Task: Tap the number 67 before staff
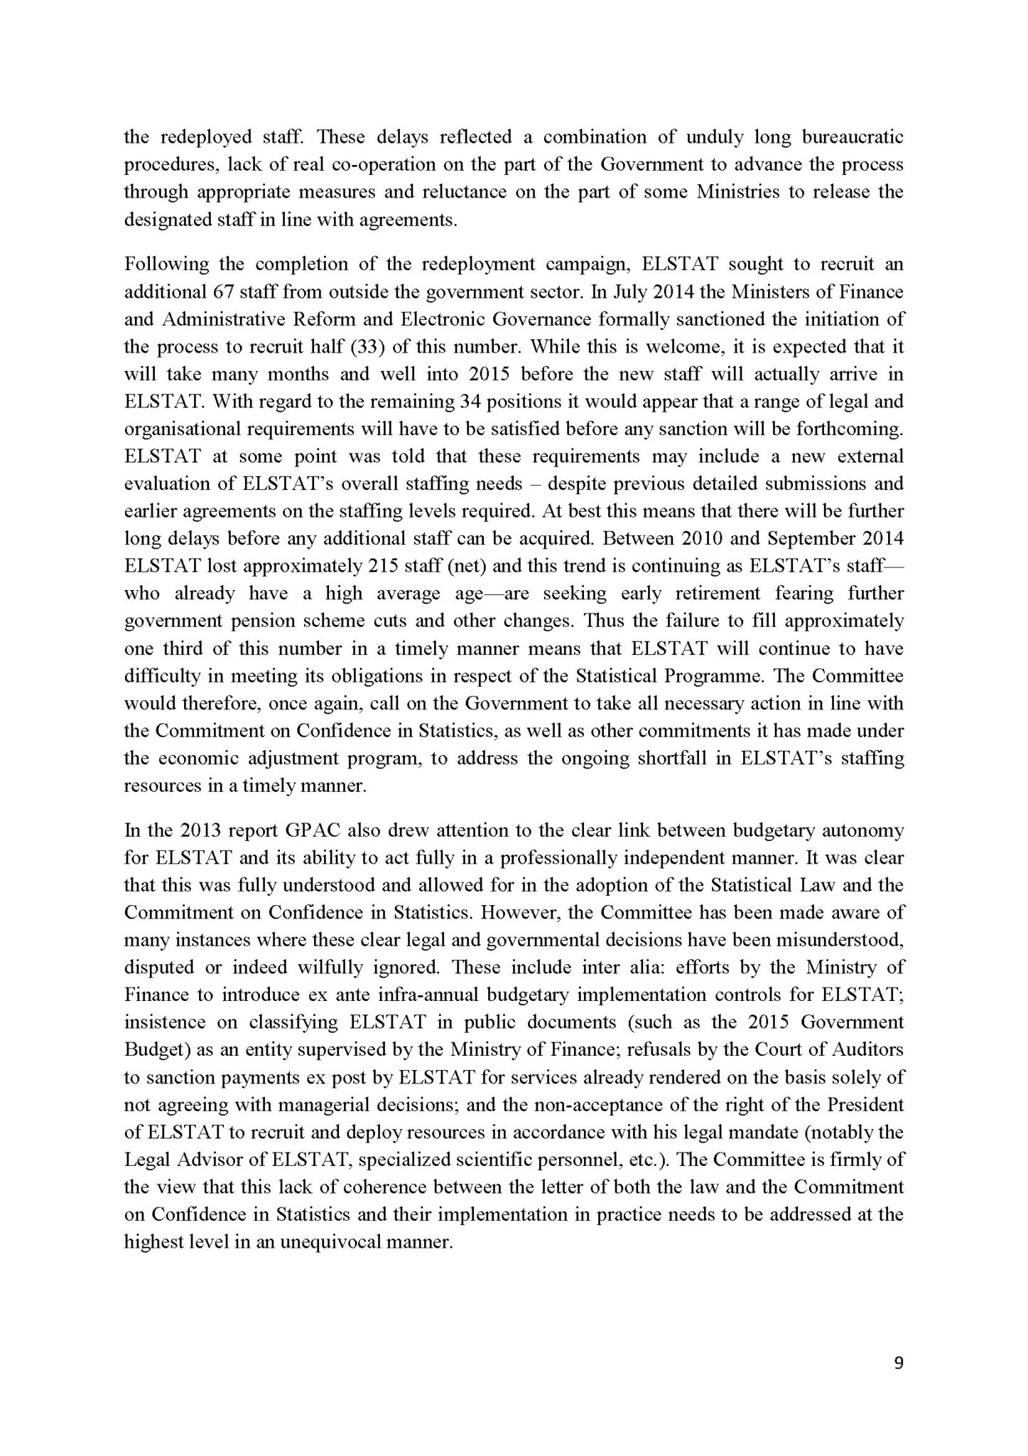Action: coord(222,291)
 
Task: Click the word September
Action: coord(808,539)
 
